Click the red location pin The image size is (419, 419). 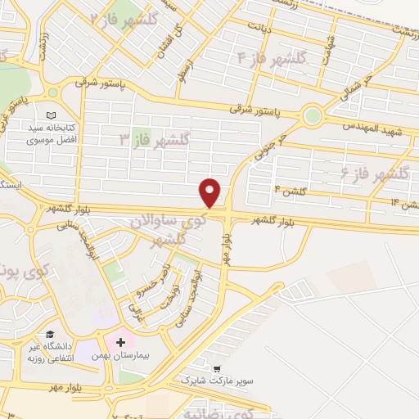pyautogui.click(x=211, y=193)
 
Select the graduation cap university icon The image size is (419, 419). pyautogui.click(x=51, y=335)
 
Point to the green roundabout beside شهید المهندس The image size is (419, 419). pyautogui.click(x=312, y=115)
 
